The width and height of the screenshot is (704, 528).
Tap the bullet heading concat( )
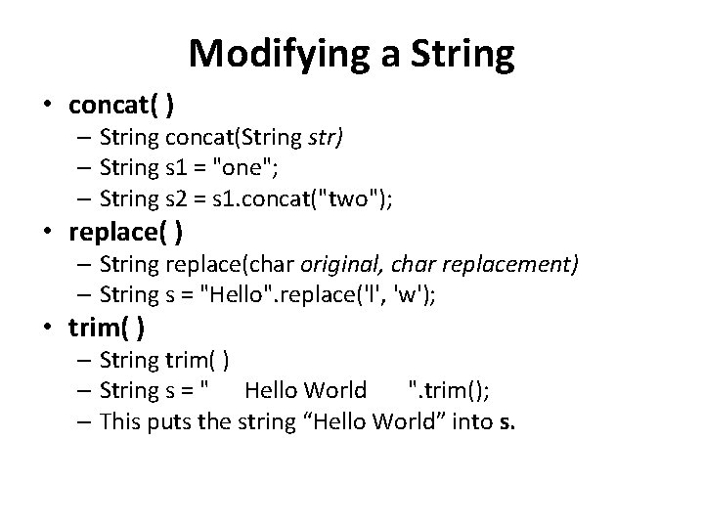pos(122,105)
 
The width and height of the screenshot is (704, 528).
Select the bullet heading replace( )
pos(131,234)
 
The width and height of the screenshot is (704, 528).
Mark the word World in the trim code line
pos(334,391)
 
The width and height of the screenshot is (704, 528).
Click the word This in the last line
pos(122,422)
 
